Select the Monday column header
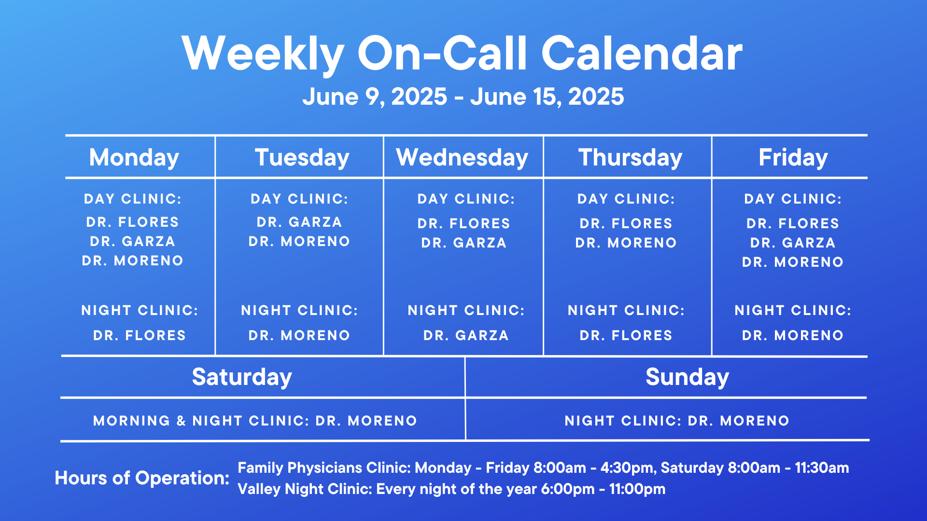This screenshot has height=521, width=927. [134, 158]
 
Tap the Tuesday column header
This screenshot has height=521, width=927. [302, 158]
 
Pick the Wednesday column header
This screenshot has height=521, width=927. [463, 158]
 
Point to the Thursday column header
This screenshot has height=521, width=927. [631, 158]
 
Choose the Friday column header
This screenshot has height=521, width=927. [793, 158]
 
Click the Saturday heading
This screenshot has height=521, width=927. [242, 377]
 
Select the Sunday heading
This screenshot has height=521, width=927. [688, 377]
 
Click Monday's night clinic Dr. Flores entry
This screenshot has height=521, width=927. [140, 335]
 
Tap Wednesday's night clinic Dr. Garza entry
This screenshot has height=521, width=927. [466, 335]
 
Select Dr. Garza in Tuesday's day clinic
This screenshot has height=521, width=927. [299, 222]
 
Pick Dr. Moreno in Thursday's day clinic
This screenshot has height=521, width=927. [626, 243]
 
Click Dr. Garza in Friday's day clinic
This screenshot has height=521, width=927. [793, 243]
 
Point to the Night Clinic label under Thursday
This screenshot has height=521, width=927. [626, 310]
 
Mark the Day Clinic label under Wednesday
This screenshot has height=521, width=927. [466, 199]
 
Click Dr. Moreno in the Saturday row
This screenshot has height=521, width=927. [366, 421]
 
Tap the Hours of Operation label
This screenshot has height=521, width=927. [142, 478]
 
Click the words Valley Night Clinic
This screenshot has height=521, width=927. [305, 489]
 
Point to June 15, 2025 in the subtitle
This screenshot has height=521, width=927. [548, 97]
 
